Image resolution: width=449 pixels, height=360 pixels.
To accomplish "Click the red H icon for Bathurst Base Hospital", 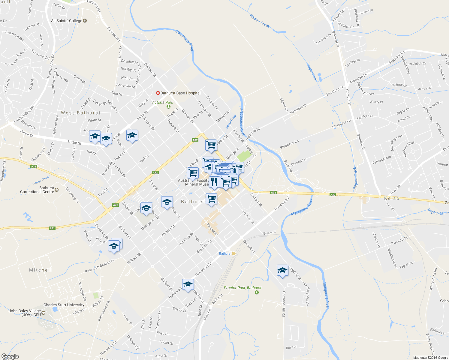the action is coord(158,93).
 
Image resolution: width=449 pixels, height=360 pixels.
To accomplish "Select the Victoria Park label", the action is coord(162,102).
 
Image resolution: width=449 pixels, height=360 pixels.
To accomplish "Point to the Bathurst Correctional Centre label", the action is coord(37,190).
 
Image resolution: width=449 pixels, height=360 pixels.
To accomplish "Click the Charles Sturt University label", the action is coord(64,305).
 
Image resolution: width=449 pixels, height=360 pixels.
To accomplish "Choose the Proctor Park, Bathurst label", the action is coord(243,288).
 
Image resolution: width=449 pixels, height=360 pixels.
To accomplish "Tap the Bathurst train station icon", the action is coord(234,253).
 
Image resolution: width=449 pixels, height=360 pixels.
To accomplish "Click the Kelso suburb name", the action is coord(392,198).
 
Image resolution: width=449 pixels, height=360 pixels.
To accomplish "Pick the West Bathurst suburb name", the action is coord(81,113).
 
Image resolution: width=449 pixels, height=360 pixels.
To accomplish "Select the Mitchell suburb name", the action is coord(41,270).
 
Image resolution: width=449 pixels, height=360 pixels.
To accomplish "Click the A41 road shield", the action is coord(52,228).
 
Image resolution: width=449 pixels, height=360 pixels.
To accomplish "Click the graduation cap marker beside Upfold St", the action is coord(282,271).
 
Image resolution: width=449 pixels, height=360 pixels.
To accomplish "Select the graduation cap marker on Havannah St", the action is coord(188,285).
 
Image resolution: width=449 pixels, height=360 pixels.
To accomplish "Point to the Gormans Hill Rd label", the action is coord(284,304).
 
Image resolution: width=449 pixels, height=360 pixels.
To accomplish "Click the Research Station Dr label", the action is coord(100,266).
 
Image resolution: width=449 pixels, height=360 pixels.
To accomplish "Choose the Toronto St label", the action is coord(399,241).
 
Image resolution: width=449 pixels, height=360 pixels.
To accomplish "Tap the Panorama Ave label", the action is coord(104,310).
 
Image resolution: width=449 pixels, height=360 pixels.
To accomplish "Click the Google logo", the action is coord(10,356).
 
